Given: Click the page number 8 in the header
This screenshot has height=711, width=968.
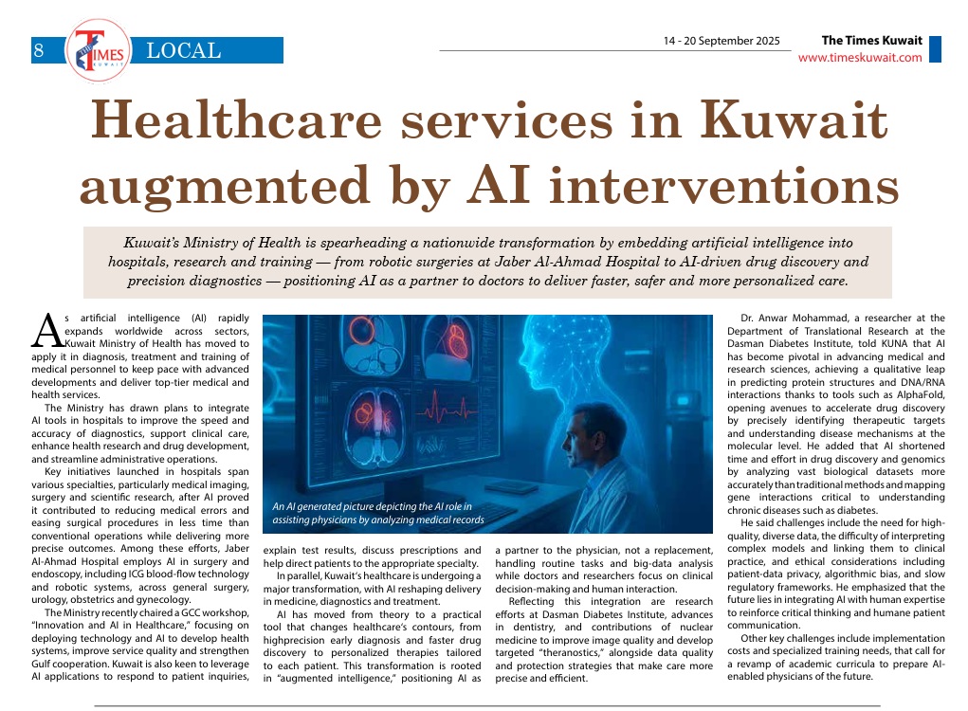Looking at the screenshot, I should coord(39,51).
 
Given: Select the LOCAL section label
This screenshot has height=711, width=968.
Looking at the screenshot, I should coord(184,50).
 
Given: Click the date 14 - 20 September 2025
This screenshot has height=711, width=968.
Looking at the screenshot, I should coord(721,42).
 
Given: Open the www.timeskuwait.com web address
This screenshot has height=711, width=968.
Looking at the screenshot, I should coord(860,58).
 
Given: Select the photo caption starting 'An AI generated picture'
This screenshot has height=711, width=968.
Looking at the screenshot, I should coord(377,514).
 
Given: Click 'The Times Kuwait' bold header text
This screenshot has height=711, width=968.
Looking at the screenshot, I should coord(871,41).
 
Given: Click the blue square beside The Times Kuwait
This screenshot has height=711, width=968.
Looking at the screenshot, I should coord(935,49).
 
